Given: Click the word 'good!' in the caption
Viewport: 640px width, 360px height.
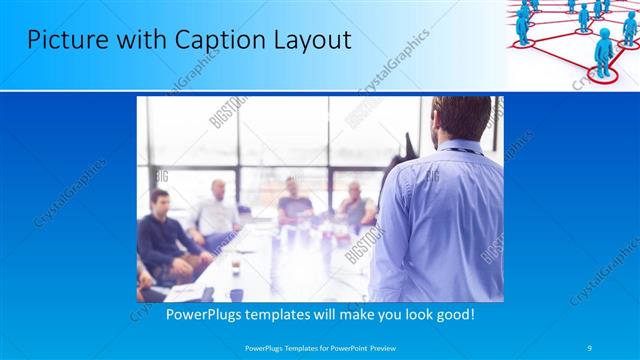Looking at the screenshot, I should coord(453,314).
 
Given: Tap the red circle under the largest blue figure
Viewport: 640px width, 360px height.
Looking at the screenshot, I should coord(604,73).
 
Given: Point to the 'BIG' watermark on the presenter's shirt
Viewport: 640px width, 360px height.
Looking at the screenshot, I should coord(432,177).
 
